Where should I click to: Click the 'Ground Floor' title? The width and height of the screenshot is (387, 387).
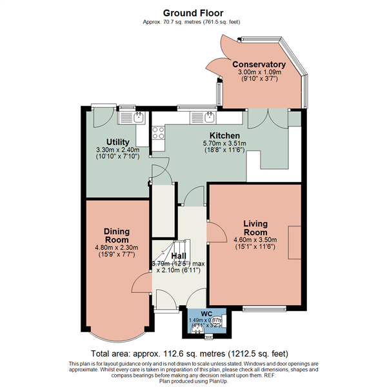[x=193, y=12]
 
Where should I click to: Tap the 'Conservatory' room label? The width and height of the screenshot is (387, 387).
[x=259, y=64]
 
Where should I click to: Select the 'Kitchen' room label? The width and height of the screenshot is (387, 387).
[x=221, y=135]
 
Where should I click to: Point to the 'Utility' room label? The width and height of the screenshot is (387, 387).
[x=118, y=142]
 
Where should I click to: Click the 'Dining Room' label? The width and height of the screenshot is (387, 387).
[x=117, y=235]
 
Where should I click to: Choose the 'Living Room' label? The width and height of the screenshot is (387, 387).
[x=255, y=228]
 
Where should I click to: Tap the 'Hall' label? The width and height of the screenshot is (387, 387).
[x=179, y=255]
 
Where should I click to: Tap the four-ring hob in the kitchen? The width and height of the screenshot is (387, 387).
[x=157, y=133]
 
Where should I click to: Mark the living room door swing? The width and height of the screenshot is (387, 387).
[x=216, y=231]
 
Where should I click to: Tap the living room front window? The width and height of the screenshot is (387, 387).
[x=265, y=308]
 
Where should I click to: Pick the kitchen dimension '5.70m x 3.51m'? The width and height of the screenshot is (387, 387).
[x=221, y=144]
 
